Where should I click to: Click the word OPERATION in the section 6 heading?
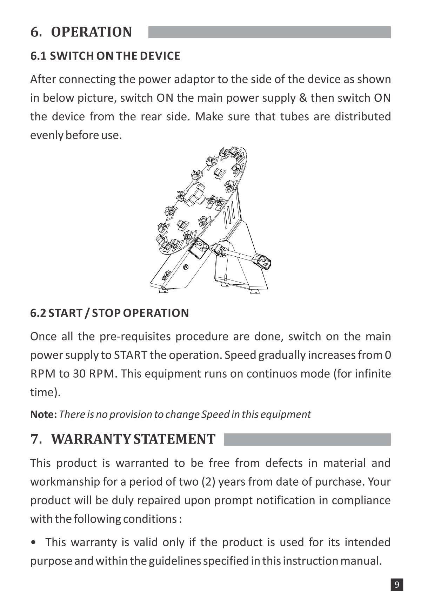click(91, 32)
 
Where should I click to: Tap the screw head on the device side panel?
click(186, 267)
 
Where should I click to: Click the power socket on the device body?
click(198, 247)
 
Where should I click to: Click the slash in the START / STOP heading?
click(86, 313)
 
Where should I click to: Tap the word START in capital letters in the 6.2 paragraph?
click(131, 355)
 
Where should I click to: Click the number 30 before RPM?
click(79, 374)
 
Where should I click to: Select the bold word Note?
click(44, 414)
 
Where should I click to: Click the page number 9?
click(397, 585)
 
